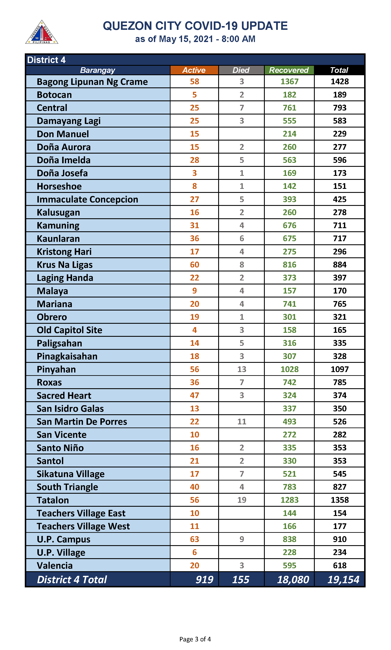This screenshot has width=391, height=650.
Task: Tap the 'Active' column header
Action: (x=194, y=70)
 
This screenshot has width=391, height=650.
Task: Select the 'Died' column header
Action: (x=241, y=70)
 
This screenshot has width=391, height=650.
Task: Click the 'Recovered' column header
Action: (x=289, y=70)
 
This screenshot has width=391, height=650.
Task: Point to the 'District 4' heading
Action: (x=46, y=60)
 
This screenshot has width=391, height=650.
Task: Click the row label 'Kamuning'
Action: (x=58, y=226)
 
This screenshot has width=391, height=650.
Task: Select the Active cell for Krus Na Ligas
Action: (x=194, y=265)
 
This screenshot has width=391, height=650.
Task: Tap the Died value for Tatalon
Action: (x=242, y=500)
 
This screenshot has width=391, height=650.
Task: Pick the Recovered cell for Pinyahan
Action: (x=289, y=369)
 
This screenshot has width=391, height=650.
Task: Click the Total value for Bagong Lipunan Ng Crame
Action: (x=339, y=82)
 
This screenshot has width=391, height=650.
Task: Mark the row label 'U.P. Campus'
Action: (x=63, y=539)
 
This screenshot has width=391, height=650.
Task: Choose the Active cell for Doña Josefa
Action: (x=194, y=173)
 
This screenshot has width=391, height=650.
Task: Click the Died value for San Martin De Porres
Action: (x=242, y=422)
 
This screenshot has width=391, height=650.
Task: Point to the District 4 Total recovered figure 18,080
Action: (x=293, y=580)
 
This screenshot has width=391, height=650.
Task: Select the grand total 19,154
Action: (x=343, y=580)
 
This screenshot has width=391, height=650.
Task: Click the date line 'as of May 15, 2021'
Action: (x=195, y=39)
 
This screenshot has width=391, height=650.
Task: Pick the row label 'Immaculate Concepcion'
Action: (x=87, y=200)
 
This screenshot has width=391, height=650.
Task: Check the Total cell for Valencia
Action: (x=339, y=566)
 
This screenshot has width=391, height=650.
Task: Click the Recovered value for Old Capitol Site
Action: (x=289, y=330)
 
